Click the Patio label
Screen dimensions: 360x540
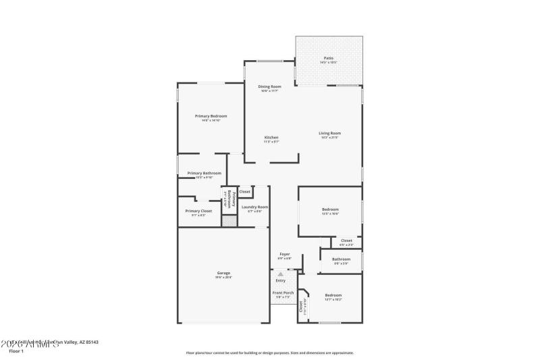click(x=328, y=58)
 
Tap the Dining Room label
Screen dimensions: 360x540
click(x=270, y=86)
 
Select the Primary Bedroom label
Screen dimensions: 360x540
click(x=211, y=116)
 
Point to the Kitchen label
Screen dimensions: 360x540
click(x=271, y=138)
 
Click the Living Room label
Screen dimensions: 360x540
click(x=329, y=133)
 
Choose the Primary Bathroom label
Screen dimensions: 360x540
click(x=204, y=173)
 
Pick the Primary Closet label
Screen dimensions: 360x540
click(x=198, y=211)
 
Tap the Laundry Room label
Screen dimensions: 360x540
click(x=254, y=207)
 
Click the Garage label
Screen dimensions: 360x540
click(x=223, y=273)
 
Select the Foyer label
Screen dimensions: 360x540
click(x=284, y=254)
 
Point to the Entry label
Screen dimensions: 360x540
click(x=280, y=280)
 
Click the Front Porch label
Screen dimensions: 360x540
click(x=283, y=292)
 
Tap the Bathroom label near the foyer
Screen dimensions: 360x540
click(x=341, y=259)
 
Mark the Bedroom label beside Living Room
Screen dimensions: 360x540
click(x=330, y=209)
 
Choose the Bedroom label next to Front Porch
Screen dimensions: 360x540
click(x=333, y=295)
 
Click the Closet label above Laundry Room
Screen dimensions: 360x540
click(x=244, y=191)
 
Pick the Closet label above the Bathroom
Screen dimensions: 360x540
click(x=346, y=240)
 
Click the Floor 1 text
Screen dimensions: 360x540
click(x=16, y=351)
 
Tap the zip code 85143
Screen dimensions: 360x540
click(x=90, y=342)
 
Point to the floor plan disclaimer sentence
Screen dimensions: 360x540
click(x=270, y=353)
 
